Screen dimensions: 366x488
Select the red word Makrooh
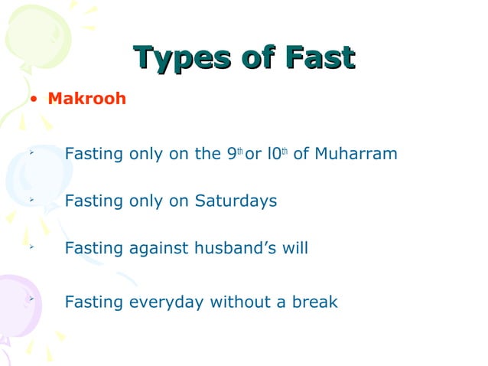(86, 99)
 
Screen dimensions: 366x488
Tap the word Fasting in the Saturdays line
(92, 202)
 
